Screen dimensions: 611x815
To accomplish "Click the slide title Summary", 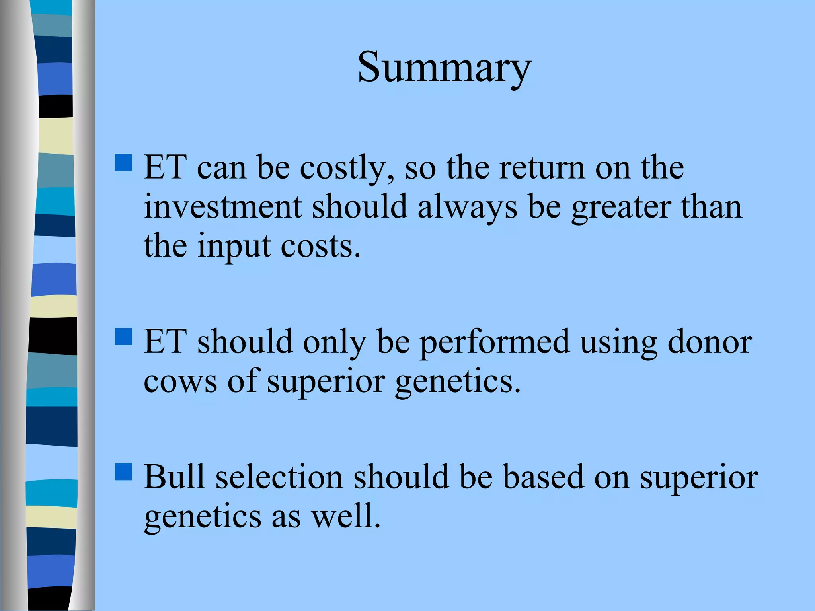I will [444, 68].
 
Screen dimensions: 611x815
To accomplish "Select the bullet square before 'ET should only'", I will [123, 336].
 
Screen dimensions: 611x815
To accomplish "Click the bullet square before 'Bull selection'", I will [123, 472].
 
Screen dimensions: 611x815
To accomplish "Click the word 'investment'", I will [223, 207].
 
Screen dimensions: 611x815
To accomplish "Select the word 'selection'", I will [279, 477].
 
